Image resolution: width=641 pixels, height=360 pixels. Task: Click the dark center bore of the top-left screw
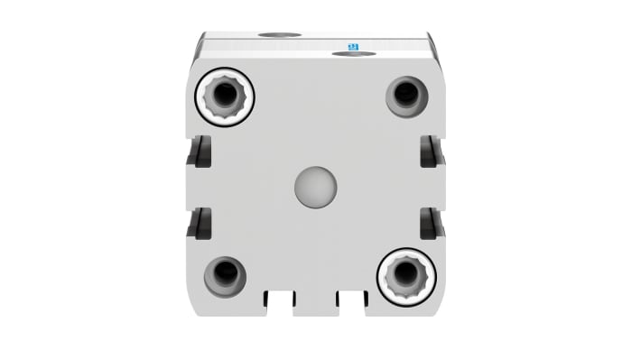[x=224, y=96]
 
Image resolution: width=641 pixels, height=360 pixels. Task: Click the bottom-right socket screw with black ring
[x=406, y=276]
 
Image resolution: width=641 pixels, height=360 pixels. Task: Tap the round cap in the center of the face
[x=315, y=187]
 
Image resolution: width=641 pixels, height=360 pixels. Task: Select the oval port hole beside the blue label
[x=354, y=54]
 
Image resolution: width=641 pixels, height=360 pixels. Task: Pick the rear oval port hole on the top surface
[x=280, y=35]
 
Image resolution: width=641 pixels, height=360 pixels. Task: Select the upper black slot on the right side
[x=431, y=152]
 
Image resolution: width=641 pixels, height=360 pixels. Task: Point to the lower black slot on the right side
[x=431, y=223]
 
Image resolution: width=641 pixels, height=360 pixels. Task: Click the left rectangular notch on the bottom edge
[x=280, y=300]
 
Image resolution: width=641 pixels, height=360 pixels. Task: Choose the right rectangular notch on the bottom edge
[x=351, y=300]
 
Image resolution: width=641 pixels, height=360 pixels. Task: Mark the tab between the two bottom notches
[x=315, y=303]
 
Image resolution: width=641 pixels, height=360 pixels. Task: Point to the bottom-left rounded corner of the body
[x=192, y=309]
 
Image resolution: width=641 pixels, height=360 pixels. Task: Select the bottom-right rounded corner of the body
[x=440, y=309]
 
